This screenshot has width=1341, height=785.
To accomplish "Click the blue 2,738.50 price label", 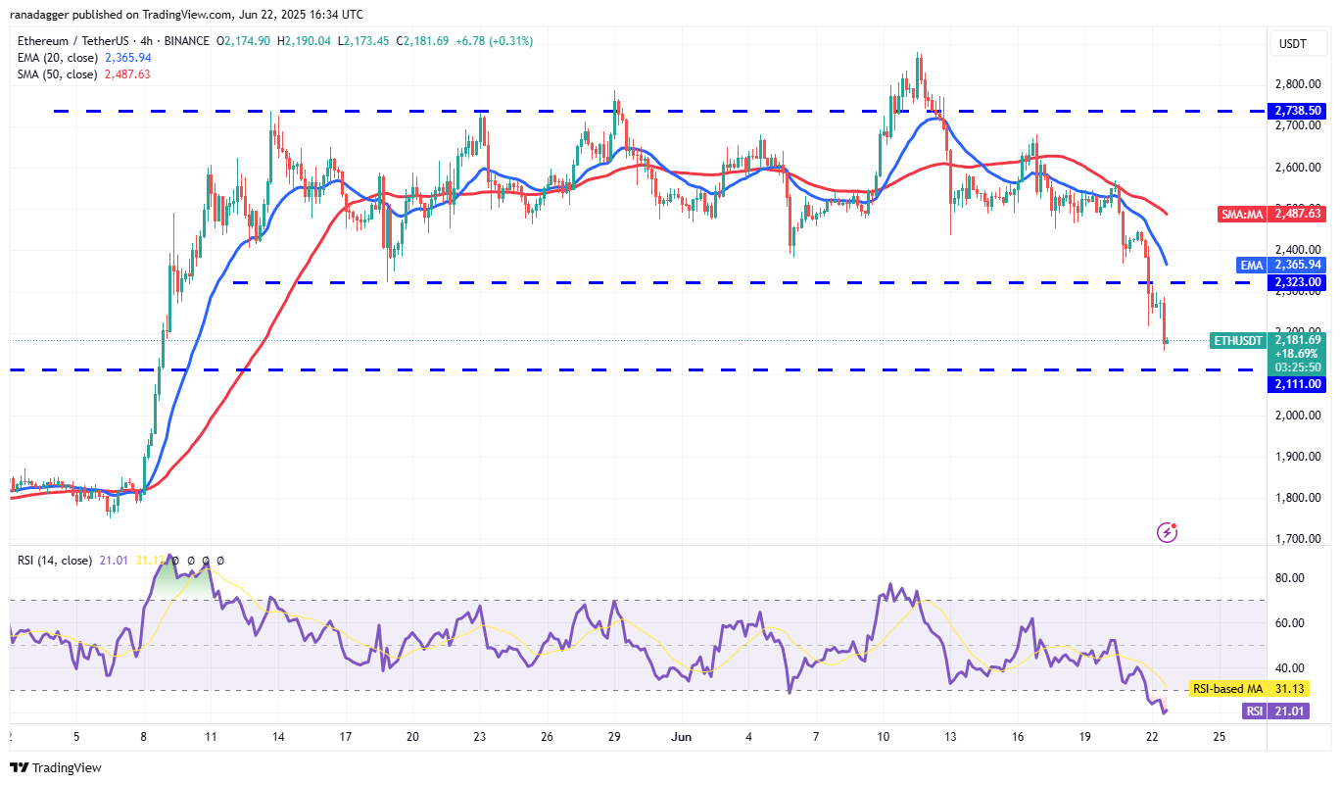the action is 1297,111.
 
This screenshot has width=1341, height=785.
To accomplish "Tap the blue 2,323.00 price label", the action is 1297,282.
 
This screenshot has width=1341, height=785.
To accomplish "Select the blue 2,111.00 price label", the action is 1297,384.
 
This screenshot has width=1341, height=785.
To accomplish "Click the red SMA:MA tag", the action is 1242,214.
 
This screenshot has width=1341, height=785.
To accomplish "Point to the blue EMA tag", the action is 1251,265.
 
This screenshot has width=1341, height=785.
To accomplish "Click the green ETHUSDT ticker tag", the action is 1238,341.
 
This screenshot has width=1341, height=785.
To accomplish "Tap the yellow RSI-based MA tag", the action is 1227,689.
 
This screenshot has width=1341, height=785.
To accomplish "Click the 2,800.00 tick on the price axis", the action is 1298,84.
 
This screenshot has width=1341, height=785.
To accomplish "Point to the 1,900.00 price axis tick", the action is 1298,457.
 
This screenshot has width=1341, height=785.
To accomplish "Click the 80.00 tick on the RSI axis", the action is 1289,578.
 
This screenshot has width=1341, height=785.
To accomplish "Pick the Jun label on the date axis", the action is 682,737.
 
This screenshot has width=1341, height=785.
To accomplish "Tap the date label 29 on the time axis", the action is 614,737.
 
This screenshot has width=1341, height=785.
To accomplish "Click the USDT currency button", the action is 1292,44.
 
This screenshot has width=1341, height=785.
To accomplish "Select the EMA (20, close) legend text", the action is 58,58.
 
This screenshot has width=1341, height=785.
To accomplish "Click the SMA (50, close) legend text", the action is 58,74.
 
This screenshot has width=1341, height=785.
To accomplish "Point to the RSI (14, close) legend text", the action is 55,561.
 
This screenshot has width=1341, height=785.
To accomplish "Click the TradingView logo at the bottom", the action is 56,767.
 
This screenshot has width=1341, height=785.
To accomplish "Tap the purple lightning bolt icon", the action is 1167,532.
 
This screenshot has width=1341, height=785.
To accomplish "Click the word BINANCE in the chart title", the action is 186,41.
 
